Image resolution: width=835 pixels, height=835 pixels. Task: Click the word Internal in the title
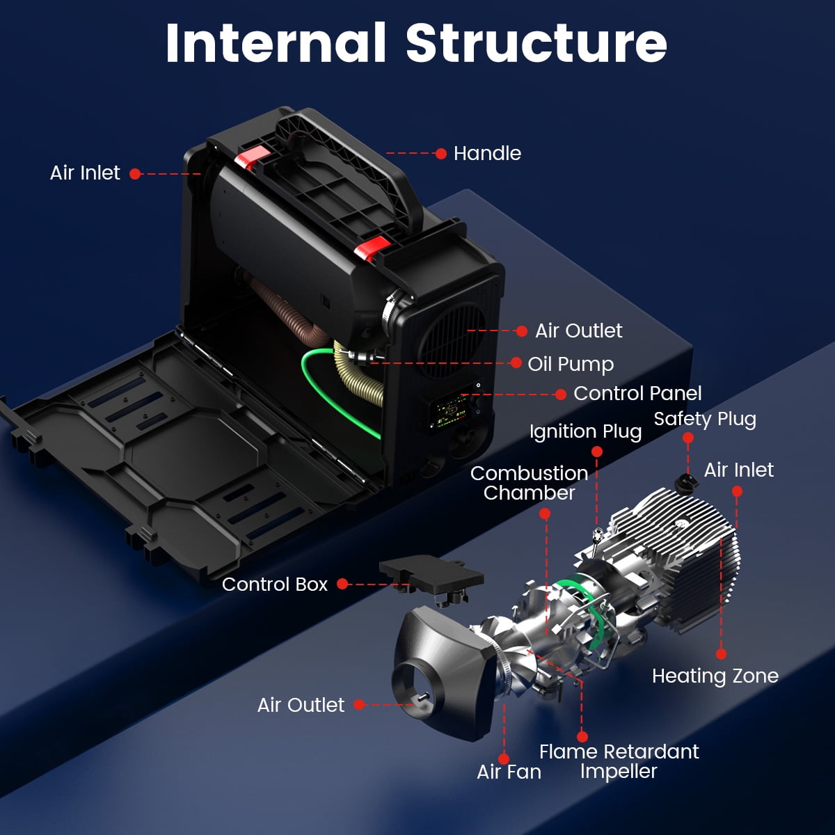pos(276,43)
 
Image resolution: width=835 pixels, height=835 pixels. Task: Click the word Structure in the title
pos(536,43)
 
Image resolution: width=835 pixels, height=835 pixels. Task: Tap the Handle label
pos(487,153)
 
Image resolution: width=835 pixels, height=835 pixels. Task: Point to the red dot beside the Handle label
pos(440,153)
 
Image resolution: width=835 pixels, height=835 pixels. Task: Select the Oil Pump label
pos(571,365)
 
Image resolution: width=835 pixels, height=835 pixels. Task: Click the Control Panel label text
pos(637,393)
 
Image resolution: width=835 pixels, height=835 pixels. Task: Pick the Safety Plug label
pos(705,419)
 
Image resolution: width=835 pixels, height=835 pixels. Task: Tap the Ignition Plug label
pos(585,431)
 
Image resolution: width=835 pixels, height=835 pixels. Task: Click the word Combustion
pos(529,473)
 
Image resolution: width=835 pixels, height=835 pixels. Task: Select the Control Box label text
pos(275,584)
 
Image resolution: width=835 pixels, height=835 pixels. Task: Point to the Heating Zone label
pos(715,676)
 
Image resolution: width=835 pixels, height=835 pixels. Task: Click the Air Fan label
pos(509,772)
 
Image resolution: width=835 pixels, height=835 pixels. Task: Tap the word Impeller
pos(619,771)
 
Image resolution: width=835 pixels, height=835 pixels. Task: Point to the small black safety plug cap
pos(686,482)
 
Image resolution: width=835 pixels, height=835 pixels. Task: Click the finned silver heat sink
pos(676,559)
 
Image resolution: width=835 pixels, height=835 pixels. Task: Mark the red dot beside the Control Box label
pos(342,584)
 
